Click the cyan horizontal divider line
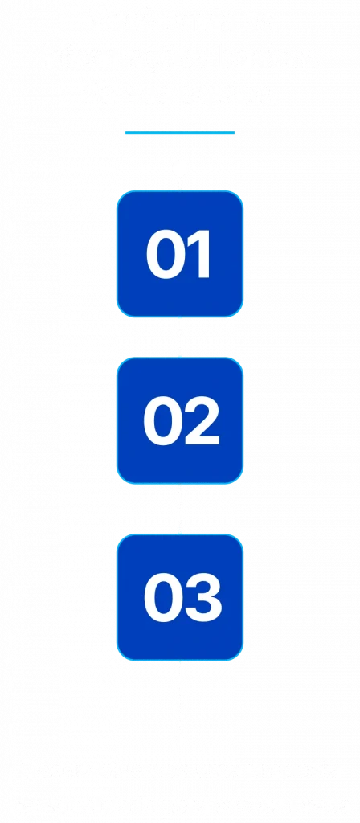point(180,133)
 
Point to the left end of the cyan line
point(125,133)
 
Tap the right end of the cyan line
point(235,133)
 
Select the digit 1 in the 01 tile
point(200,255)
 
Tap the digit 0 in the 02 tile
point(161,421)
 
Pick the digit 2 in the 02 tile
point(200,421)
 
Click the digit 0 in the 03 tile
point(161,598)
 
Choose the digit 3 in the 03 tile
point(202,598)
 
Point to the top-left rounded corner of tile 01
point(121,196)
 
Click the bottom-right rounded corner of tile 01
point(239,313)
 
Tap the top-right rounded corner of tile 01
point(239,196)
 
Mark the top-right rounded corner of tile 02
point(239,362)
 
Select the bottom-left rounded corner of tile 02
point(121,479)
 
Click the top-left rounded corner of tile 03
point(121,539)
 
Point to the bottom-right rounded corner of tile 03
point(239,656)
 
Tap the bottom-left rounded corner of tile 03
point(121,656)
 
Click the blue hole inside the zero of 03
point(161,598)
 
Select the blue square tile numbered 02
point(180,420)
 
